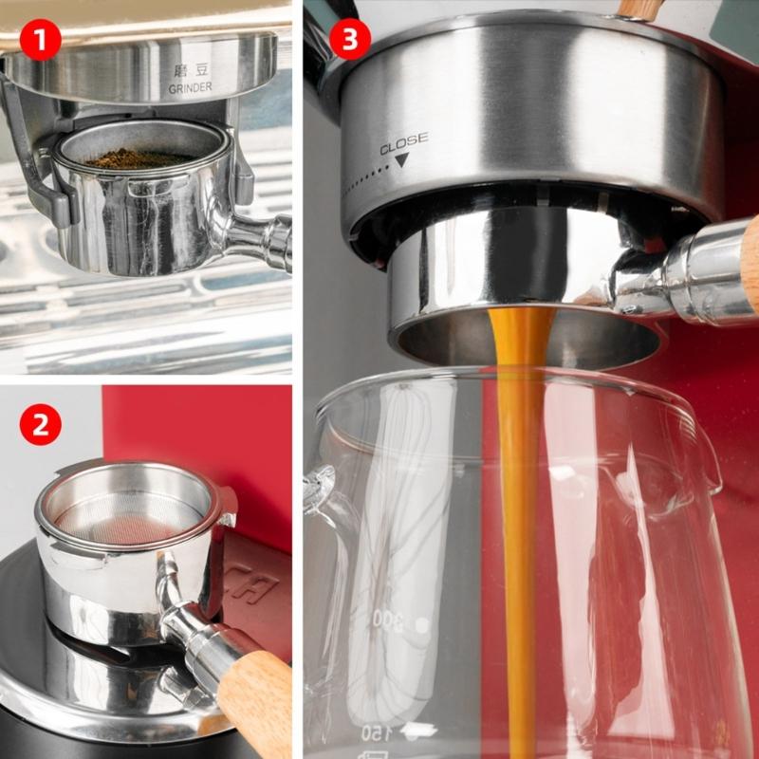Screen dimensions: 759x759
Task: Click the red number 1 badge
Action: tap(40, 40)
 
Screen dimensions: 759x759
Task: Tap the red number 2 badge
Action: tap(40, 425)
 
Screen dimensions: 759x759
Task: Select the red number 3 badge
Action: tap(350, 40)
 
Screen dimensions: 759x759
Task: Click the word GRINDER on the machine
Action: tap(190, 88)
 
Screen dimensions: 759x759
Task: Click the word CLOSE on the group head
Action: tap(403, 143)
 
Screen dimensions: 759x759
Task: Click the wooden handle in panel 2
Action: tap(254, 697)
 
